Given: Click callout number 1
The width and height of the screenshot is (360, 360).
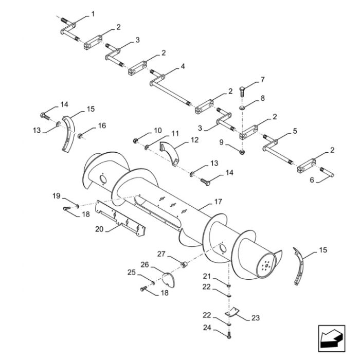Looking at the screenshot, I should coord(93,13).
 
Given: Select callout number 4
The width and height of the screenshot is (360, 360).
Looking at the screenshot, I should coord(183,67).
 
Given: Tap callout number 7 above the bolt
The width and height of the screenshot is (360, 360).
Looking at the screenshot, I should coord(262,80).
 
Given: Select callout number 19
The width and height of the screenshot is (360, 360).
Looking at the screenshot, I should coord(57,195).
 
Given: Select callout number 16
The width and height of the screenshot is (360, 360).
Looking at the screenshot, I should coord(102,125).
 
